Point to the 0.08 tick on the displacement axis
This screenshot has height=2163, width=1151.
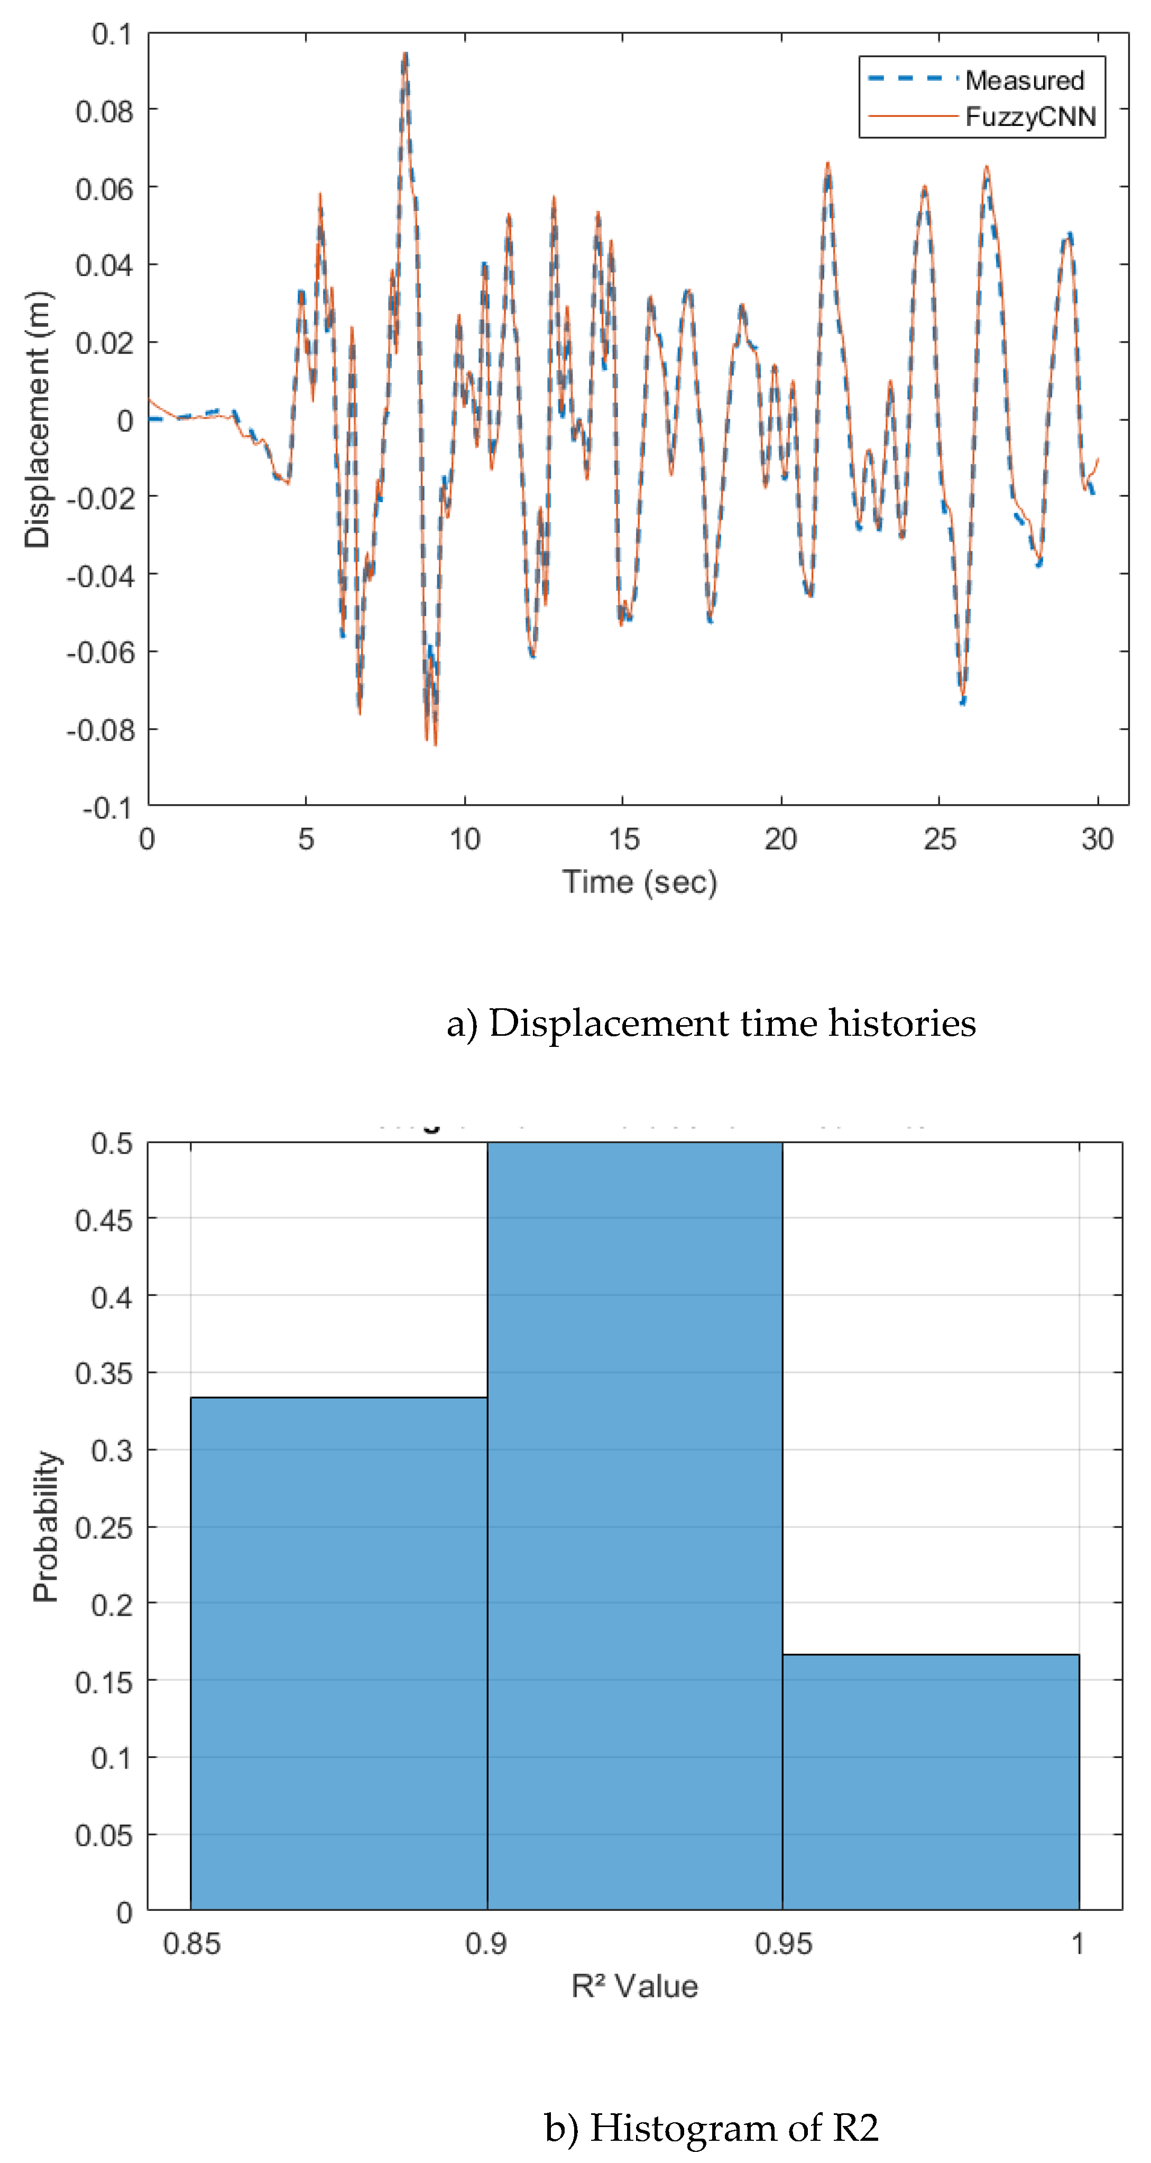click(x=104, y=111)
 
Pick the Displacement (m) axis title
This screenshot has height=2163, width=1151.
click(x=38, y=420)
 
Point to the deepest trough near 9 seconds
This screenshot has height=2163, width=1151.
click(x=434, y=742)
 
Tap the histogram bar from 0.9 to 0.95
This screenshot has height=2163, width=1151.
click(x=634, y=1528)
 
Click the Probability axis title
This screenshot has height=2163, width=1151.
click(x=46, y=1526)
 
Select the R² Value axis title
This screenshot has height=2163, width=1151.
click(x=634, y=1986)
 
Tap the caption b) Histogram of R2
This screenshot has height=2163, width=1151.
click(x=710, y=2128)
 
